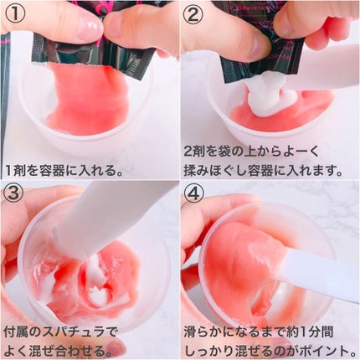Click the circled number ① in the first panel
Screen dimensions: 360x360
point(15,13)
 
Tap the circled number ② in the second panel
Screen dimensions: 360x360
point(193,13)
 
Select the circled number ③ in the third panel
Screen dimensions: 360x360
point(14,193)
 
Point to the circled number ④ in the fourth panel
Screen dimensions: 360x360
point(193,193)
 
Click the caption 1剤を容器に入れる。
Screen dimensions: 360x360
point(64,170)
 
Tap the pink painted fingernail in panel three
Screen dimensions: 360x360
point(114,346)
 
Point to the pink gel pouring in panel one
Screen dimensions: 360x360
point(90,98)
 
